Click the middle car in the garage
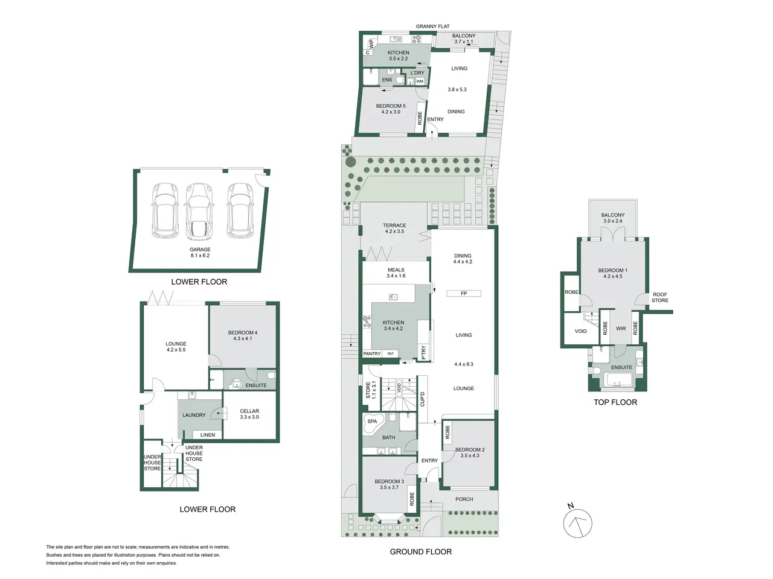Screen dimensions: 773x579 (200, 212)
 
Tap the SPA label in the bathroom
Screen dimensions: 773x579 (372, 421)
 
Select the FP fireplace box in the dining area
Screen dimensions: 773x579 (463, 293)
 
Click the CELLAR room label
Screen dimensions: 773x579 (249, 411)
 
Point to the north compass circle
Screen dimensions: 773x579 (577, 523)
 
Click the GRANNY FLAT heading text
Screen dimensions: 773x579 (432, 27)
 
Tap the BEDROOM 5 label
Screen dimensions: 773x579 (391, 106)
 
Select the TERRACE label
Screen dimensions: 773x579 (394, 226)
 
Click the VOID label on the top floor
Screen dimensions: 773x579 (580, 331)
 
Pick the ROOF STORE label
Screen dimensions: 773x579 (659, 297)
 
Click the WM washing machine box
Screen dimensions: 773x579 (420, 81)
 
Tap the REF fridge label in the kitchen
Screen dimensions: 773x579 (390, 353)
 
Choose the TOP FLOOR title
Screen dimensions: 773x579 (615, 402)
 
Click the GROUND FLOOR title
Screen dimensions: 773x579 (420, 552)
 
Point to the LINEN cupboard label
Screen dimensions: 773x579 (207, 435)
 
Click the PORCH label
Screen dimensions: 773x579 (464, 499)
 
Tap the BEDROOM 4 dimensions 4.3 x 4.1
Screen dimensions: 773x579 (242, 338)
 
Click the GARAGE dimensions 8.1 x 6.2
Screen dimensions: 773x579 (200, 256)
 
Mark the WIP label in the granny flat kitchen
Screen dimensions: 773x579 (371, 44)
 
